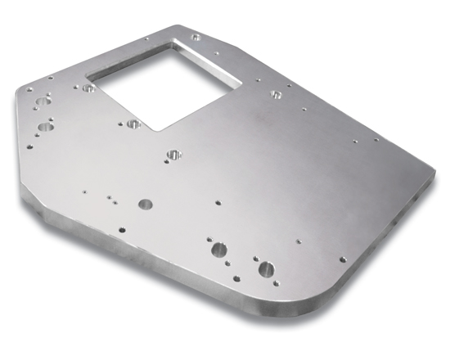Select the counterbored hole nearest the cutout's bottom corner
tap(133, 124)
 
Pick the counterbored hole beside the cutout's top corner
tap(196, 38)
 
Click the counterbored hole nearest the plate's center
tap(173, 153)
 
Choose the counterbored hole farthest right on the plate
tap(276, 94)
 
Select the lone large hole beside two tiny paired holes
tap(145, 204)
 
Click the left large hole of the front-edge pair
tap(218, 250)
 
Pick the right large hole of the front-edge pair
tap(265, 268)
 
